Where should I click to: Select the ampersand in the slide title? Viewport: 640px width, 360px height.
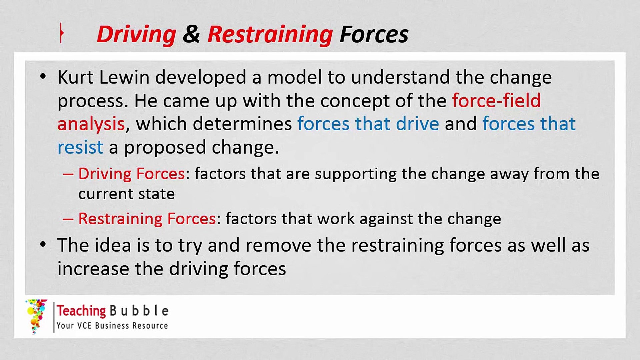pyautogui.click(x=191, y=34)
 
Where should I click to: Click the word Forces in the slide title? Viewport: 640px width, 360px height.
pyautogui.click(x=374, y=34)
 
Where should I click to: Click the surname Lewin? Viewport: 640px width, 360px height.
pyautogui.click(x=124, y=77)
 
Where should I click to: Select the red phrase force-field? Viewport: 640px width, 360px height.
pyautogui.click(x=496, y=100)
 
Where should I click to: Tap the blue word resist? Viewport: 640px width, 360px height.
pyautogui.click(x=80, y=147)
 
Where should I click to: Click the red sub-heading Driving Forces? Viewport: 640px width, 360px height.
pyautogui.click(x=132, y=174)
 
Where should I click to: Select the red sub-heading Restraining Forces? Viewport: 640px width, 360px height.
pyautogui.click(x=147, y=219)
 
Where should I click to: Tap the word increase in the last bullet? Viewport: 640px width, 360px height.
pyautogui.click(x=93, y=269)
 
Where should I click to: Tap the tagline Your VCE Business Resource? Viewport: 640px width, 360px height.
pyautogui.click(x=112, y=326)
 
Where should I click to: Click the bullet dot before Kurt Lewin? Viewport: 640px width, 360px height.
pyautogui.click(x=43, y=77)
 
